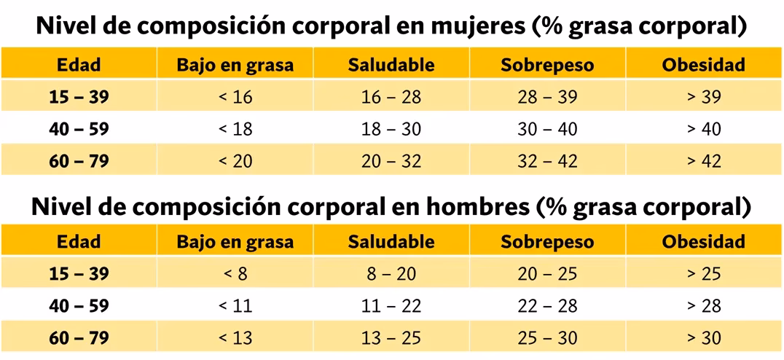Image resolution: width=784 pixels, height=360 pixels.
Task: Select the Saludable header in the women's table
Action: pos(391,64)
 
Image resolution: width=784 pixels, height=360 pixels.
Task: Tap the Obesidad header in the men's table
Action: pos(703,242)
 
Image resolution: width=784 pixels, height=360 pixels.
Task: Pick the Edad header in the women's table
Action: pos(79,64)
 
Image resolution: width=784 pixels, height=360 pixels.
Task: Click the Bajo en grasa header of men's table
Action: pos(235,242)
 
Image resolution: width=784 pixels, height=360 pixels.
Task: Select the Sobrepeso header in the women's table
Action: pos(547,64)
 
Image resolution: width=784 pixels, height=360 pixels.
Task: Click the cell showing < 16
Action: pos(235,97)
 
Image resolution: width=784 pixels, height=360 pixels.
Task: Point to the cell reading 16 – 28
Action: pos(391,97)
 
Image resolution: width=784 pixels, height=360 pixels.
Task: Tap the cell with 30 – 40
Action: pos(547,129)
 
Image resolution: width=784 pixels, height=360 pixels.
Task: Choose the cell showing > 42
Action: pos(703,161)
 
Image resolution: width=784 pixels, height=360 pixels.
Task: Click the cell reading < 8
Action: pos(235,274)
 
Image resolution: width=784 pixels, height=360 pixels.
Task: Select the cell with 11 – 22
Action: pos(391,306)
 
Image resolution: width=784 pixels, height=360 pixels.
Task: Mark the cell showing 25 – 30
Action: pos(547,338)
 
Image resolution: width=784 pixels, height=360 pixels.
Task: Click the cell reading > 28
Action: pos(703,306)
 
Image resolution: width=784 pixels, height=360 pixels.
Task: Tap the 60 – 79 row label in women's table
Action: pos(79,161)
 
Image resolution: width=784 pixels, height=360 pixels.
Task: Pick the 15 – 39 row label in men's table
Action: pos(79,274)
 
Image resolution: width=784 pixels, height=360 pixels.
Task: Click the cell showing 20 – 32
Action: pos(391,161)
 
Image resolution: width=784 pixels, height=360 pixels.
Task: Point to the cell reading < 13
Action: pos(235,338)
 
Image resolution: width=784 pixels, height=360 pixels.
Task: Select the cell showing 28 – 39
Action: pos(547,97)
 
